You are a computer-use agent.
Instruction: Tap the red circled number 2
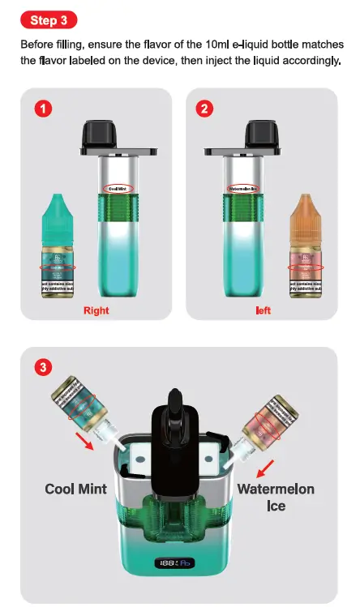coord(203,109)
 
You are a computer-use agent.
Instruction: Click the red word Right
coord(96,310)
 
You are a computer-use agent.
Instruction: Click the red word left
coord(263,310)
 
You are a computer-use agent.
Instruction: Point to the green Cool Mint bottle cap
coord(58,212)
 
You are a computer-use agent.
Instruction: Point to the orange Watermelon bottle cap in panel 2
coord(306,212)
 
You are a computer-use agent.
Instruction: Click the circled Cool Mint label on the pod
coord(118,189)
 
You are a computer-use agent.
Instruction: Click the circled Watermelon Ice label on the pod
coord(243,189)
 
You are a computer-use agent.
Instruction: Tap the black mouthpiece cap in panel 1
coord(118,137)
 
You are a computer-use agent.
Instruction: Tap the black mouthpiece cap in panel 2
coord(243,137)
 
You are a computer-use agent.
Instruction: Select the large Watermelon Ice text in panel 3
coord(276,498)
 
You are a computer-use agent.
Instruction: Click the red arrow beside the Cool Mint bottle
coord(105,442)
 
